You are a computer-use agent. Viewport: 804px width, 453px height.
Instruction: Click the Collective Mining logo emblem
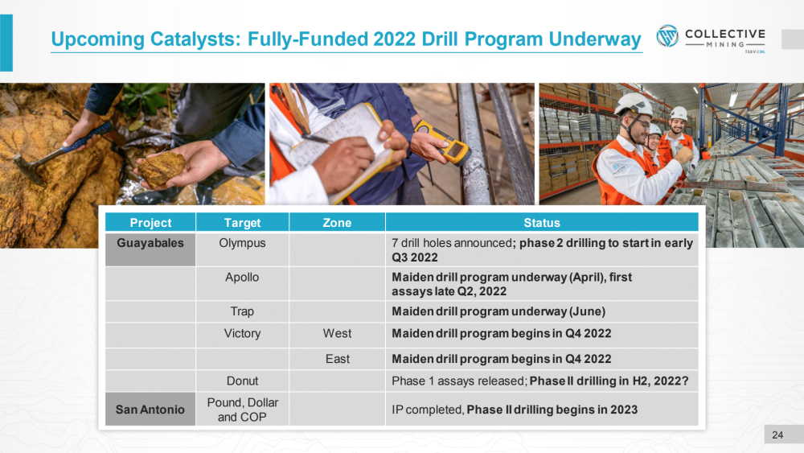[x=667, y=36]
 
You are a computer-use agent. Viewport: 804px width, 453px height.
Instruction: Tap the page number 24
[x=777, y=435]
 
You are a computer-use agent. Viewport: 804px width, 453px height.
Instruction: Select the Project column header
[x=150, y=223]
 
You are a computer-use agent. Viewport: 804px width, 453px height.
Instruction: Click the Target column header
[x=242, y=223]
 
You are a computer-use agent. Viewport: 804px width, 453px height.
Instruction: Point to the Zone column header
[x=337, y=223]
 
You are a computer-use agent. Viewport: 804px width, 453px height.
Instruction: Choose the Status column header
[x=541, y=223]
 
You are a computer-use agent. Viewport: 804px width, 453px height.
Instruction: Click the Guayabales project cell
[x=150, y=249]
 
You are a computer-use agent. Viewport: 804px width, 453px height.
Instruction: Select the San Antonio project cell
[x=150, y=410]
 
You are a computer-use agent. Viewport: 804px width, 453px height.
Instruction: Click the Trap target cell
[x=242, y=311]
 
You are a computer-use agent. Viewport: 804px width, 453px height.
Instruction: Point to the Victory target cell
[x=242, y=333]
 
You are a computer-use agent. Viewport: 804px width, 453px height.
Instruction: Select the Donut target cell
[x=242, y=381]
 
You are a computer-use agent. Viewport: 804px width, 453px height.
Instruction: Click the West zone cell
[x=337, y=333]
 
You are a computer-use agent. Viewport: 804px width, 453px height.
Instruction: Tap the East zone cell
[x=337, y=359]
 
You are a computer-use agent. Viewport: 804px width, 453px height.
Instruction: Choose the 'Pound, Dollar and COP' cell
[x=242, y=410]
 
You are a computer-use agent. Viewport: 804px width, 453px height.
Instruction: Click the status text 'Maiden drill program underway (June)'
[x=498, y=311]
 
